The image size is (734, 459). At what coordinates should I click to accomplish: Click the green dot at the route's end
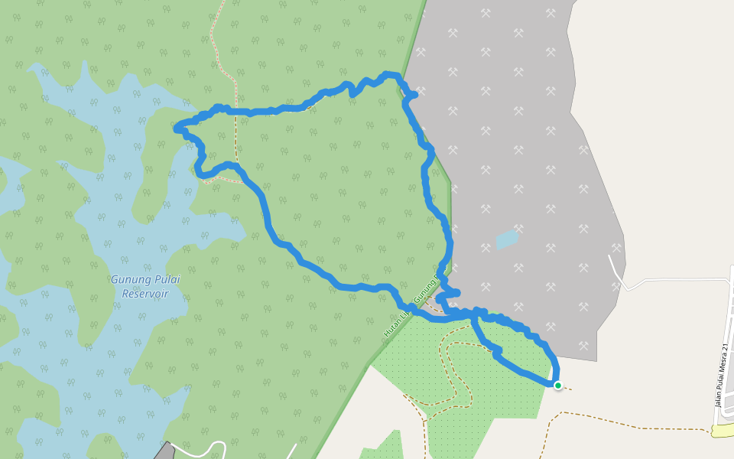point(558,385)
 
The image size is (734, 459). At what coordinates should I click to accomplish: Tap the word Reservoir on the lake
point(145,294)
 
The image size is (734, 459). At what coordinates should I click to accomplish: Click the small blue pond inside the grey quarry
point(507,239)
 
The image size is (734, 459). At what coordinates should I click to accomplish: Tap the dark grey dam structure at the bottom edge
point(164,451)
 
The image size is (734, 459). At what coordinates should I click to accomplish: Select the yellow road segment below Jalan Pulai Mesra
point(722,431)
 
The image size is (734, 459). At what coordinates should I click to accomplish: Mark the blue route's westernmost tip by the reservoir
point(177,129)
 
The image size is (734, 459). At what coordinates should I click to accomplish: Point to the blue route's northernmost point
point(391,74)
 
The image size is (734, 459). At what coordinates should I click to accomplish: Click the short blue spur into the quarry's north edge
point(414,94)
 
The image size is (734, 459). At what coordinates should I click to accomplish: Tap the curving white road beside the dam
point(203,446)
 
